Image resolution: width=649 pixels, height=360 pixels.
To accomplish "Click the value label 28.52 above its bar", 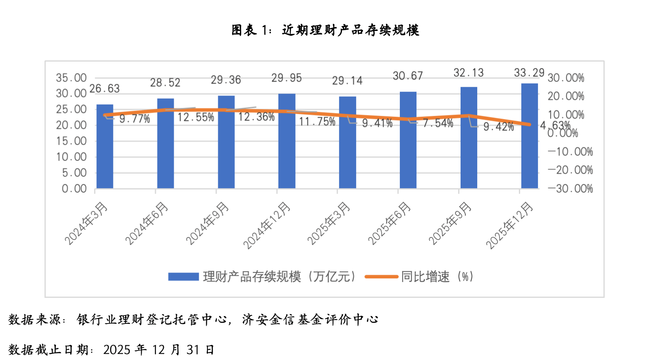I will (x=165, y=83).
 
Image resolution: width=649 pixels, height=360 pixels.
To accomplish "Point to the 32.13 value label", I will (x=469, y=73).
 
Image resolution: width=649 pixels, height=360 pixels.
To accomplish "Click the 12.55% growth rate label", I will (x=196, y=117).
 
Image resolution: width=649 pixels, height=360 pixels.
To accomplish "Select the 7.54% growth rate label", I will (x=438, y=123).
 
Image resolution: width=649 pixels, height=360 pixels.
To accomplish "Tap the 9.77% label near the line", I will (x=135, y=119).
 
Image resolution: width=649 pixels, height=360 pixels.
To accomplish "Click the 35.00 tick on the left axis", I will (x=71, y=78).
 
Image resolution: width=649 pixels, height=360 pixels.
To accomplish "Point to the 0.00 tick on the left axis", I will (x=74, y=189).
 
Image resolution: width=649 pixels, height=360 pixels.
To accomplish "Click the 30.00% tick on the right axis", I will (x=566, y=78).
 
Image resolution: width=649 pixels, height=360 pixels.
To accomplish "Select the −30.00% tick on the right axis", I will (x=570, y=189).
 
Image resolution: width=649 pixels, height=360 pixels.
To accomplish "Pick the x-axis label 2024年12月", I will (x=267, y=225).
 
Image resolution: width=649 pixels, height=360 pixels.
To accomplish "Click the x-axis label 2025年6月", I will (x=390, y=223).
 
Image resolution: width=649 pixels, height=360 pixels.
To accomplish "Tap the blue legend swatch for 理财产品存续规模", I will (x=183, y=277).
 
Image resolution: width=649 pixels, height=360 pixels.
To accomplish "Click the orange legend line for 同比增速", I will (x=381, y=277).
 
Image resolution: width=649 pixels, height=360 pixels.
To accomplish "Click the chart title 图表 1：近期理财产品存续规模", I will (x=325, y=30).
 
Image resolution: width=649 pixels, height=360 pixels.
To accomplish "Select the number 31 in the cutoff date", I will (x=193, y=350).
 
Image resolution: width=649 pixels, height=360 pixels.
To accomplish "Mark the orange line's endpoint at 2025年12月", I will (x=529, y=124).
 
